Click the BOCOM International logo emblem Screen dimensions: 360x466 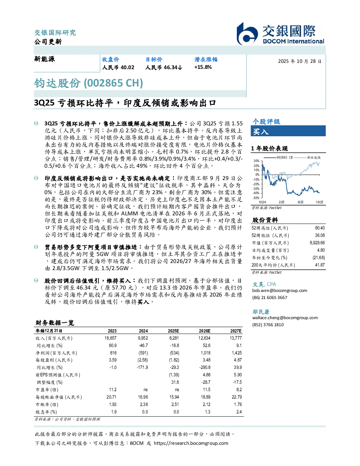[247, 34]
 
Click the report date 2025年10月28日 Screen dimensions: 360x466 [300, 61]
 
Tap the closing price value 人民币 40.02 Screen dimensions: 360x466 [118, 67]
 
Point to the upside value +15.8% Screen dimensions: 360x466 [203, 67]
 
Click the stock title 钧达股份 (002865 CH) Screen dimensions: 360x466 [88, 83]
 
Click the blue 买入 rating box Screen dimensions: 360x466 [288, 131]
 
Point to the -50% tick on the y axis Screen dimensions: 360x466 [256, 198]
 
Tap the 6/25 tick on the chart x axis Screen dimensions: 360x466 [301, 202]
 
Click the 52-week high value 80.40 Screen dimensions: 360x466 [320, 228]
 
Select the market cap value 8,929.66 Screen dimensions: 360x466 [317, 243]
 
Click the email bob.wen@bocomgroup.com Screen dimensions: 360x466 [280, 291]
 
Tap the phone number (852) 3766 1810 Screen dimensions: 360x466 [268, 325]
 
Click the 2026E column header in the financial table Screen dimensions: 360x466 [205, 331]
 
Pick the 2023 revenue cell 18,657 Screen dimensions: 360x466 [110, 338]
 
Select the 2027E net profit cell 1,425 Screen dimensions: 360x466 [237, 353]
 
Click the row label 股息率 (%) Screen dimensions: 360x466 [46, 412]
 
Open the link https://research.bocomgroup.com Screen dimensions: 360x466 [191, 443]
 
